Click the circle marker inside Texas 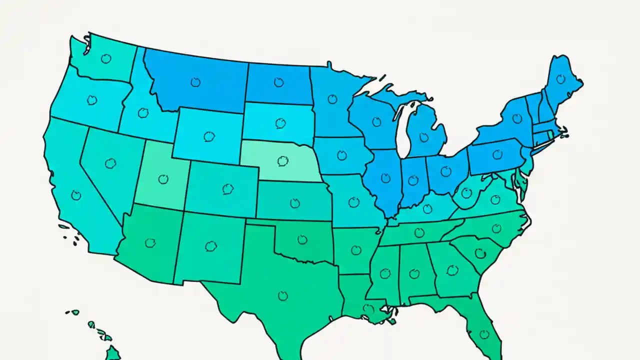(x=283, y=295)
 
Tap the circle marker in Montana (x=195, y=82)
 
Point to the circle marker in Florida (x=483, y=333)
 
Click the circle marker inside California (x=76, y=195)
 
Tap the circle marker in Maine (x=561, y=78)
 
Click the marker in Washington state (x=105, y=58)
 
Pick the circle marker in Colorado (x=228, y=188)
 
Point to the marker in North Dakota (x=278, y=82)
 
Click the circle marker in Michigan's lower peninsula (x=424, y=136)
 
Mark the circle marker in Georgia (x=452, y=270)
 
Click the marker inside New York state (x=517, y=118)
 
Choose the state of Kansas (x=295, y=202)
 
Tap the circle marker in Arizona (x=150, y=243)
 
